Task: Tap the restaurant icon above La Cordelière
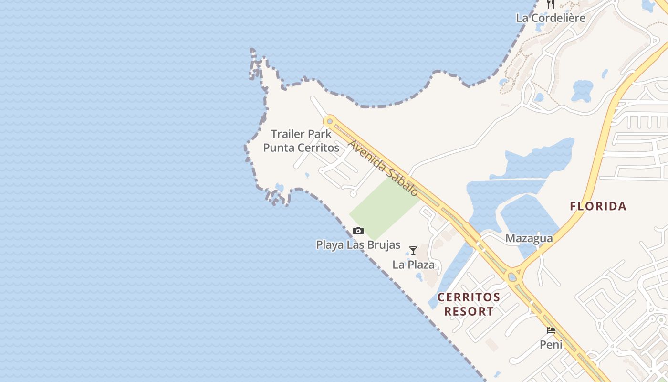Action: (551, 4)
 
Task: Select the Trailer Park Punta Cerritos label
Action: (301, 141)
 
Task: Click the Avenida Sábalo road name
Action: (383, 168)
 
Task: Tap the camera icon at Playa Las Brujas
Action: (358, 231)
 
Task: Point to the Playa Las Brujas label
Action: (358, 245)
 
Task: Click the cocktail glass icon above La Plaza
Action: (413, 251)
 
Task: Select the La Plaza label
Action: (413, 265)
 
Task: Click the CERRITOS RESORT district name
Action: (469, 304)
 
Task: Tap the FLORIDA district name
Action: (598, 206)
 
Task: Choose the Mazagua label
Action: (529, 238)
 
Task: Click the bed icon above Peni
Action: (551, 330)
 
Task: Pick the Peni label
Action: (551, 344)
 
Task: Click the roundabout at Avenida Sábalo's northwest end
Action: (329, 121)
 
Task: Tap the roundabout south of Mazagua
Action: (513, 276)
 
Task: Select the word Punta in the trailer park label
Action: (279, 148)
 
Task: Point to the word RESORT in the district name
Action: (469, 311)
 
